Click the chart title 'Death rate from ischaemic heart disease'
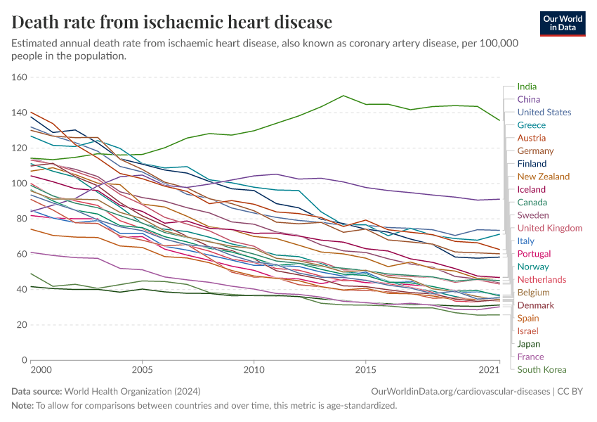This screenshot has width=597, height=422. [172, 22]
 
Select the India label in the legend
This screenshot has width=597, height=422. [527, 87]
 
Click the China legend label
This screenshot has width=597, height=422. [528, 99]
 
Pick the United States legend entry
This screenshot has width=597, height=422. [544, 112]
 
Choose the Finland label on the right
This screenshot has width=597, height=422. [532, 163]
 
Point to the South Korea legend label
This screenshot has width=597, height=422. [542, 369]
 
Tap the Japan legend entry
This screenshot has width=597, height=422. [529, 344]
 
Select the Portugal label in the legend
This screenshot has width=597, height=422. [534, 254]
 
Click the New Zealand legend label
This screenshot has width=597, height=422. [543, 177]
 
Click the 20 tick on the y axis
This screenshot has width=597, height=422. [21, 325]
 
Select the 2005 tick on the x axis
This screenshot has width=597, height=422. [142, 369]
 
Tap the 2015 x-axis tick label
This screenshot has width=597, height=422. [365, 369]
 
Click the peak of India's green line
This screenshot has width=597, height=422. [343, 96]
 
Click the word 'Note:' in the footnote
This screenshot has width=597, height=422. [22, 405]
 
